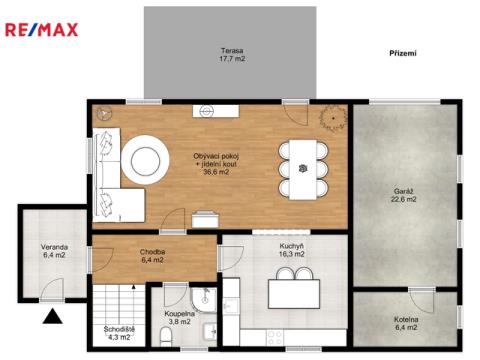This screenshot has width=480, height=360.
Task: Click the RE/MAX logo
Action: pos(42,30)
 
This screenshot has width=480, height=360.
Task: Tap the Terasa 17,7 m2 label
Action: pos(232,55)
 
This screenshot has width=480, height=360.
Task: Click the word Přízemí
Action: pos(403,53)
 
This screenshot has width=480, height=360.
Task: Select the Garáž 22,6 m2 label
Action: pos(403,195)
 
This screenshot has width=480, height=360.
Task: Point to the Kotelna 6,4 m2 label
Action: pos(406,323)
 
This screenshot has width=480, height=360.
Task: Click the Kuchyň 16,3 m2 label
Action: pos(291,250)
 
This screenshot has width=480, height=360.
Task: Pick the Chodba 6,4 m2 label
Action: pos(152,256)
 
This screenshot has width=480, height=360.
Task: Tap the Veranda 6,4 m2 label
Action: pos(54,251)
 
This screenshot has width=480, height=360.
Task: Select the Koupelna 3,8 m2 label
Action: pos(179,318)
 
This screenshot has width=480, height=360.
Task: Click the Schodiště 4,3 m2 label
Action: pos(119,333)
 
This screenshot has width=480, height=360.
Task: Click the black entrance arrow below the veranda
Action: pos(53,316)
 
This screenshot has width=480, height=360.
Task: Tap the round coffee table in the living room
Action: pos(145,160)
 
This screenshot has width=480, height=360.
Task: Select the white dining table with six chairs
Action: pos(303,170)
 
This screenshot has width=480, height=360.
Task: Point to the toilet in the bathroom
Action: pos(165,337)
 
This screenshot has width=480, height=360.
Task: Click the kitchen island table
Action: pos(294,293)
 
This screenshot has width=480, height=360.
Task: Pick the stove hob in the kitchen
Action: pos(275,337)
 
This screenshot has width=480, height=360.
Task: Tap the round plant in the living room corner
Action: pos(333,118)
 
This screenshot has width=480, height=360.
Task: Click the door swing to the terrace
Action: pos(295,114)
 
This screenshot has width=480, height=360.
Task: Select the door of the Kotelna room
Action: pos(422,301)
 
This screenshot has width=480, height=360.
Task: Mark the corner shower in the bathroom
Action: pos(204,300)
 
